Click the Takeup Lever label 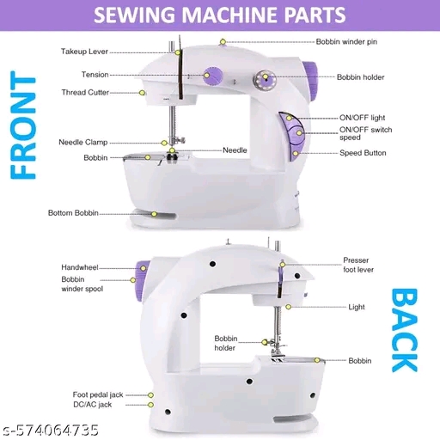[84, 52]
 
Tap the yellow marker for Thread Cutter [142, 93]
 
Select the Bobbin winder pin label [346, 42]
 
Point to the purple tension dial [213, 76]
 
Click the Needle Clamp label [83, 143]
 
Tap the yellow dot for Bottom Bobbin [154, 214]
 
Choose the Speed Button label [363, 153]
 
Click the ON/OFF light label [362, 118]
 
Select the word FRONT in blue [23, 125]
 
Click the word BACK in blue [404, 330]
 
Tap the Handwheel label [80, 267]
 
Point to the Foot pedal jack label [98, 394]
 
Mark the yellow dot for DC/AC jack [150, 405]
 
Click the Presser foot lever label [358, 265]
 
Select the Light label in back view [357, 307]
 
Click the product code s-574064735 [51, 431]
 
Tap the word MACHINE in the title [230, 15]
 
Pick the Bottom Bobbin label [73, 213]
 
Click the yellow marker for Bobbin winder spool [133, 280]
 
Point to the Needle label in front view [235, 150]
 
